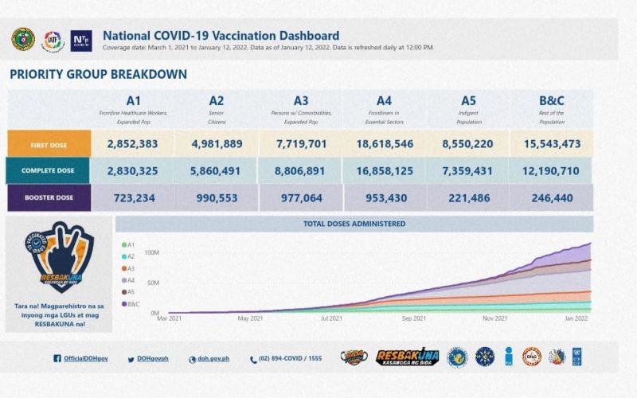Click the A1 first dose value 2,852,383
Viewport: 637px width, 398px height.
[134, 143]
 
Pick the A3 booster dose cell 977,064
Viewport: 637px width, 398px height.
[300, 198]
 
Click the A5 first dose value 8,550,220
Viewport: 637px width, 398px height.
[467, 143]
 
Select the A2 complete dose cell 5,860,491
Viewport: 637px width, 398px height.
[217, 170]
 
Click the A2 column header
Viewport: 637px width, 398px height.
[217, 101]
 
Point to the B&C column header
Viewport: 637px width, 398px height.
[551, 101]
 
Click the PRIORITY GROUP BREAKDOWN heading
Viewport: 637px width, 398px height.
[98, 74]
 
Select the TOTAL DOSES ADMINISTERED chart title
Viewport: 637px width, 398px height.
[354, 224]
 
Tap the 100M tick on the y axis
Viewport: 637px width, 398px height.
[151, 252]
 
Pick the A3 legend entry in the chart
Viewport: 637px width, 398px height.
[129, 268]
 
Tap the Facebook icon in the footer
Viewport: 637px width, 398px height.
[57, 359]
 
